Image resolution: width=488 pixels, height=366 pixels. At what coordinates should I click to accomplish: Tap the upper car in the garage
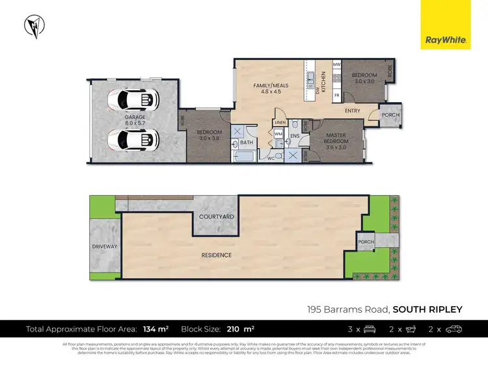click(133, 99)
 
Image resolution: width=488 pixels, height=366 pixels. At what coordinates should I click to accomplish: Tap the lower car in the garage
click(133, 138)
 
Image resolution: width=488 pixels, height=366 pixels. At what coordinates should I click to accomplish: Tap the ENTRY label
click(353, 111)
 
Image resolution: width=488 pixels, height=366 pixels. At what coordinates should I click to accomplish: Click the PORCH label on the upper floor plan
click(391, 115)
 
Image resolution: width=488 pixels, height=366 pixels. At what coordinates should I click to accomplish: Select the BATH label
click(246, 142)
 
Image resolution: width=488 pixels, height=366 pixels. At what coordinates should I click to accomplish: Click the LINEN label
click(280, 122)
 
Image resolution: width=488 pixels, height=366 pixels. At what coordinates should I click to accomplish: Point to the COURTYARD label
click(217, 216)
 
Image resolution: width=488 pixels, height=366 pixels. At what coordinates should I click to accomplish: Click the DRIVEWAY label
click(104, 247)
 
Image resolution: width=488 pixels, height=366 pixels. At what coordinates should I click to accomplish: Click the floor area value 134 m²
click(156, 330)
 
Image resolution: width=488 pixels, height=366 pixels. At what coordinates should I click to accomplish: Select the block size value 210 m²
click(241, 330)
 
